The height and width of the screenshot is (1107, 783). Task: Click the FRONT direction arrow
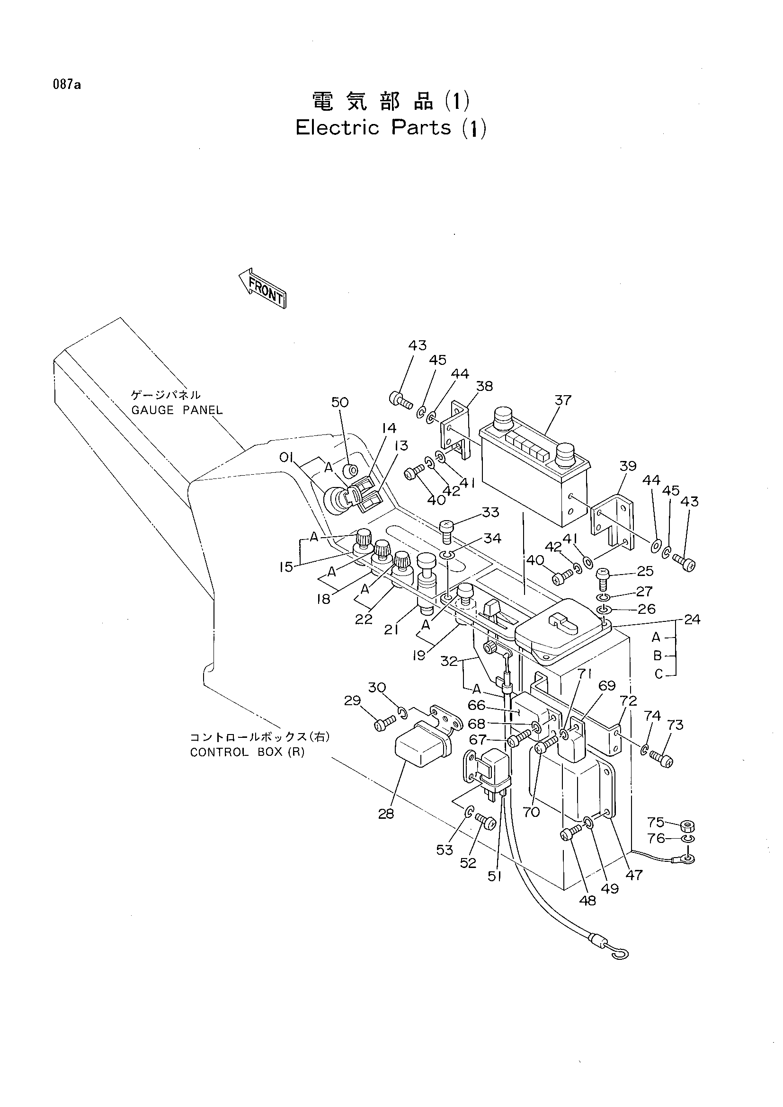coord(263,288)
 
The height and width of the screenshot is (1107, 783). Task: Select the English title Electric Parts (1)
coord(391,128)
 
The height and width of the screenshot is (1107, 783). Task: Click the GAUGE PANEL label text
coord(178,410)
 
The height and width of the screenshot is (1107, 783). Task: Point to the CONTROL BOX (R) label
coord(247,752)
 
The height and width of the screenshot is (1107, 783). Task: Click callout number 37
coord(563,400)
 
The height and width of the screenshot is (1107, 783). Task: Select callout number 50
coord(340,402)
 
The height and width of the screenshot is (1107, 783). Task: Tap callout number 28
coord(386,814)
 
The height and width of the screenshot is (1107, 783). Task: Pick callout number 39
coord(628,466)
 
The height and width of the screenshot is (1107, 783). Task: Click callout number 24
coord(692,619)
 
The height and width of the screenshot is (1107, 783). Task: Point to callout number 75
coord(656,822)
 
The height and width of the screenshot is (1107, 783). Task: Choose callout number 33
coord(490,512)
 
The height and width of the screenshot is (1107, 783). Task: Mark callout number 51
coord(495,877)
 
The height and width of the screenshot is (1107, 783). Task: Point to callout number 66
coord(476,705)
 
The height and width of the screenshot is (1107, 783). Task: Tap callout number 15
coord(286,567)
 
